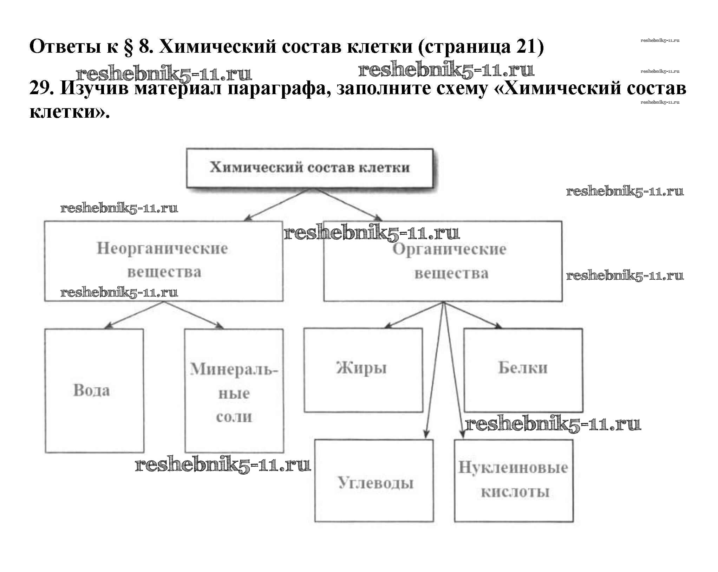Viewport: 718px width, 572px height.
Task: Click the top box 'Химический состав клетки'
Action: tap(309, 168)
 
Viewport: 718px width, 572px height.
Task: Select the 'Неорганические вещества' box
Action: tap(163, 261)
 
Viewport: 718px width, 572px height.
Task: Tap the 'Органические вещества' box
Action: tap(443, 261)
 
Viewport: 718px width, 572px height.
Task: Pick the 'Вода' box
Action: tap(94, 390)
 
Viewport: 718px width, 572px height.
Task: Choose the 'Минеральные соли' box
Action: tap(234, 390)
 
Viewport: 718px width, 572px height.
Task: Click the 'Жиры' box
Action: tap(363, 370)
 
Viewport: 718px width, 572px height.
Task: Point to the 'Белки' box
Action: tap(523, 370)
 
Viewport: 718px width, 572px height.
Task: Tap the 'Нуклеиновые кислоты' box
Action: tap(514, 481)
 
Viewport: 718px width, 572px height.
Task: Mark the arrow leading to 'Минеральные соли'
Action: tap(193, 315)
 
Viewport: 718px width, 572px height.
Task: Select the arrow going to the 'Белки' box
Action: tap(472, 315)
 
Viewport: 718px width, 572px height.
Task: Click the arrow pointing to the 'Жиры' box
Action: tap(415, 315)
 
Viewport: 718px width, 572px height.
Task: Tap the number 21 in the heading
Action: tap(525, 46)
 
